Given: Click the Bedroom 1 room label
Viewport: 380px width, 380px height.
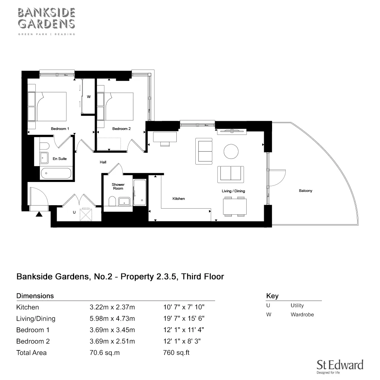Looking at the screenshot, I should [x=60, y=129].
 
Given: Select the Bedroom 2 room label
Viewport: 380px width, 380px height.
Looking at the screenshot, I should [x=122, y=129].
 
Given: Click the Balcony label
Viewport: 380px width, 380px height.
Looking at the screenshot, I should [x=305, y=191].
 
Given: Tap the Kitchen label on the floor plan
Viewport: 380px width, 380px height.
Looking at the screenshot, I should [x=179, y=199].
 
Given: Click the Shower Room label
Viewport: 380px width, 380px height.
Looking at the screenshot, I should [x=118, y=187].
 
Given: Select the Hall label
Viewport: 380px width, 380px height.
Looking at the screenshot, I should [x=103, y=162].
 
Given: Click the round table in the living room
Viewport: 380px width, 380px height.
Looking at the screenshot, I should [x=231, y=151].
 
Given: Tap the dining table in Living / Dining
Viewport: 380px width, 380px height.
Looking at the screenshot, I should [x=234, y=207].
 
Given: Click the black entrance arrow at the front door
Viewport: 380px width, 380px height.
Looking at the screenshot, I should [x=39, y=214].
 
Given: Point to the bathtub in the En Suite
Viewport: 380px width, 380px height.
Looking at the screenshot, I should [x=56, y=173].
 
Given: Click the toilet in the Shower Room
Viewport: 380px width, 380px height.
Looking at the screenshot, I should [x=112, y=201].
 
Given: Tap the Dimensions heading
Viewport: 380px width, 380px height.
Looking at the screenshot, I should [x=35, y=296].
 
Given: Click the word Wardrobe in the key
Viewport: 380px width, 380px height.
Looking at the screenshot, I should [x=302, y=315].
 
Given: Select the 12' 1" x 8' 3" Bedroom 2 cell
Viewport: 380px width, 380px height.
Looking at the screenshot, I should [x=182, y=341].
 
